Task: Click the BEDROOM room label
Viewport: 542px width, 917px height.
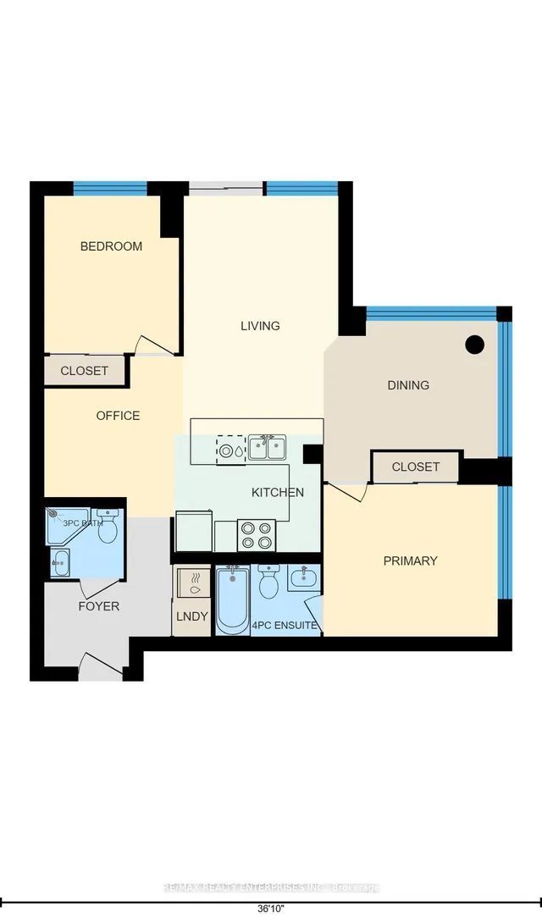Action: [111, 246]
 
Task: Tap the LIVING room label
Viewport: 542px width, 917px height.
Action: [260, 326]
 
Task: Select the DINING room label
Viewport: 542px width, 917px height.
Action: [408, 385]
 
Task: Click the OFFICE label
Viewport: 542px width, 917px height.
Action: [118, 416]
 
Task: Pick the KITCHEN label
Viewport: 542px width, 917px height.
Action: [277, 492]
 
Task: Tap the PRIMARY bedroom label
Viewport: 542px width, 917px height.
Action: [410, 561]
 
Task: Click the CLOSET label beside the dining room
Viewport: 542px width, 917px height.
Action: [416, 467]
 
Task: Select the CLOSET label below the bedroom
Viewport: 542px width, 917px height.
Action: [84, 371]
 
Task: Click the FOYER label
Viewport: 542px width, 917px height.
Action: [98, 606]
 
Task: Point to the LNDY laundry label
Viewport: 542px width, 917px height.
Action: [191, 616]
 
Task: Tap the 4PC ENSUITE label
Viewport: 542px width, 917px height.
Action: [285, 627]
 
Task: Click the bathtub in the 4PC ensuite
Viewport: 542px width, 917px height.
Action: [232, 600]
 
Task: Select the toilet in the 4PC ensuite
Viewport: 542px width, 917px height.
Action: [269, 583]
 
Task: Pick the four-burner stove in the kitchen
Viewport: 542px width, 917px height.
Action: [257, 534]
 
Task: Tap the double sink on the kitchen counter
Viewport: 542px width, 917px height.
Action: [267, 447]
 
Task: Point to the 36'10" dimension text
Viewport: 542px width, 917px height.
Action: [270, 909]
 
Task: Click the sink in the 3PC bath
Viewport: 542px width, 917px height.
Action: [60, 562]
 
